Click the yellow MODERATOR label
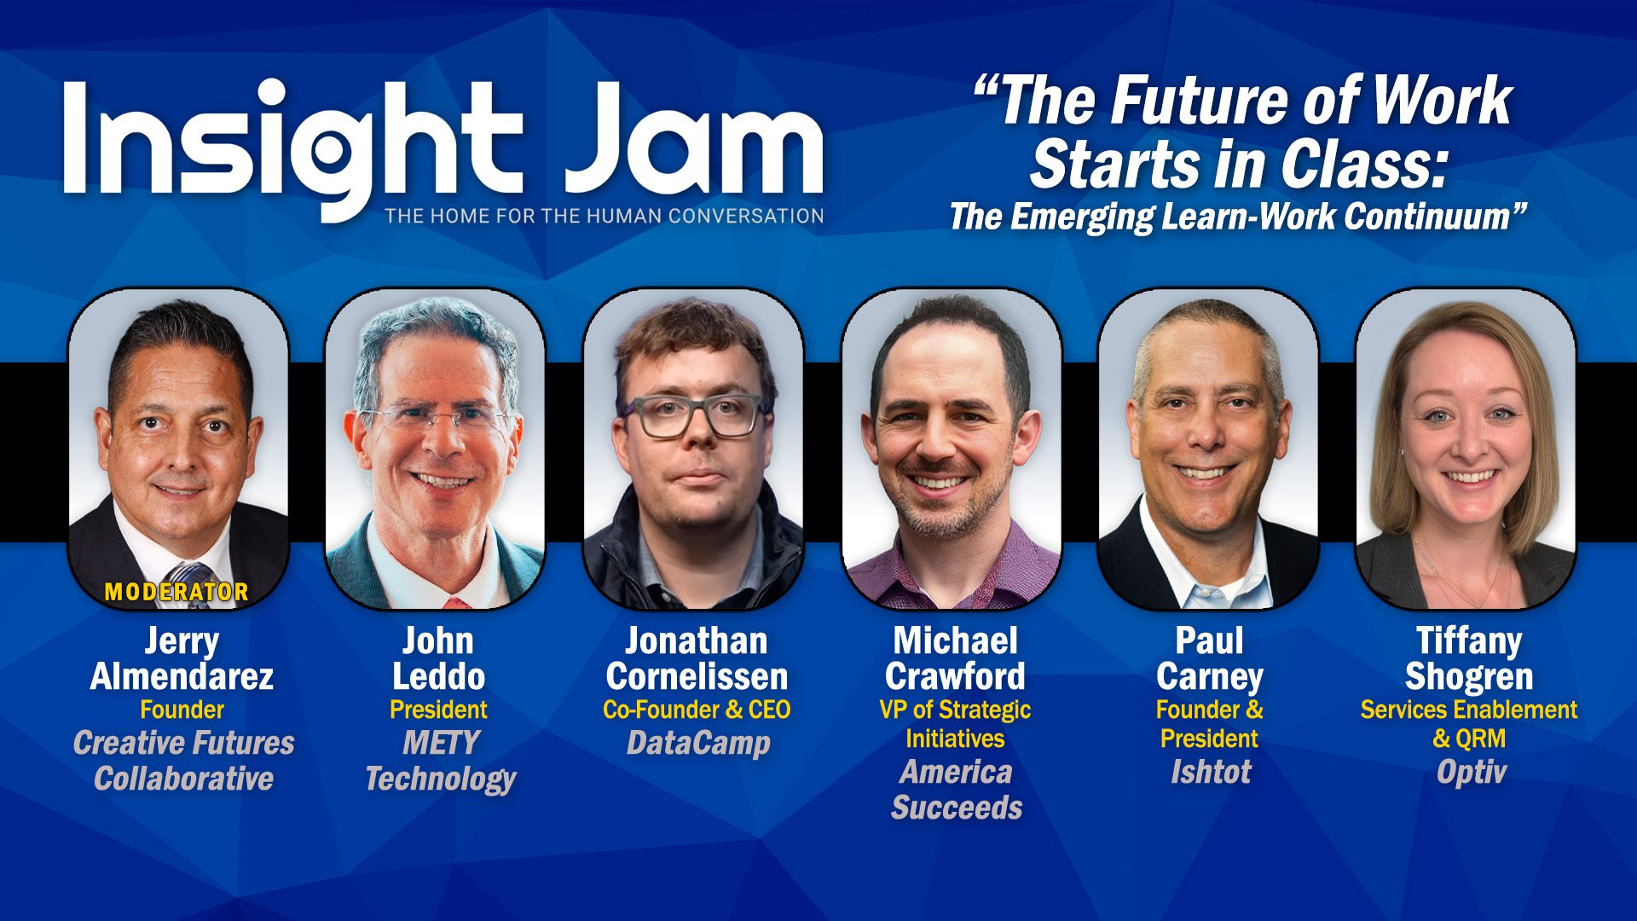(x=176, y=592)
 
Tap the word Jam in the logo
(x=694, y=139)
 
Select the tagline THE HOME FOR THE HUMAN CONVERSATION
(x=604, y=217)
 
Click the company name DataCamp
(x=698, y=744)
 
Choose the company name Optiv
(x=1471, y=773)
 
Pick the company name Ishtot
(x=1210, y=772)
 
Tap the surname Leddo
(x=438, y=677)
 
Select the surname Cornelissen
(x=697, y=677)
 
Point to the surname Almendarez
(x=182, y=677)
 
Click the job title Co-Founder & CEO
(x=697, y=710)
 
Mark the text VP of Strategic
(x=955, y=710)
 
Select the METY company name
(x=441, y=743)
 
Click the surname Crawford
(x=955, y=677)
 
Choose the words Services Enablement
(x=1468, y=710)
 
